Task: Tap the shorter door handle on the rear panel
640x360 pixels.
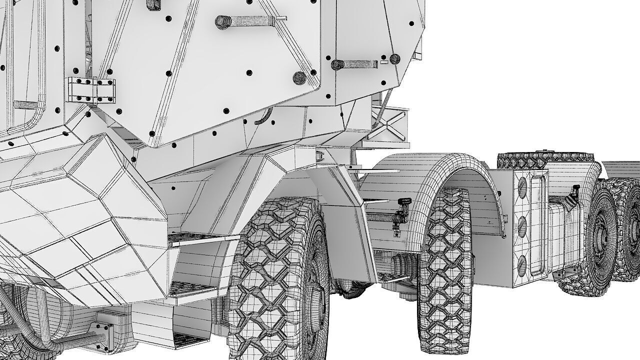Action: tap(355, 64)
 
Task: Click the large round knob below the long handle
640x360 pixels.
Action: tap(299, 77)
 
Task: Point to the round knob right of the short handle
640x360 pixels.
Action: tap(395, 59)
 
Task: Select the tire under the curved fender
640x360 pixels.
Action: tap(445, 270)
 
